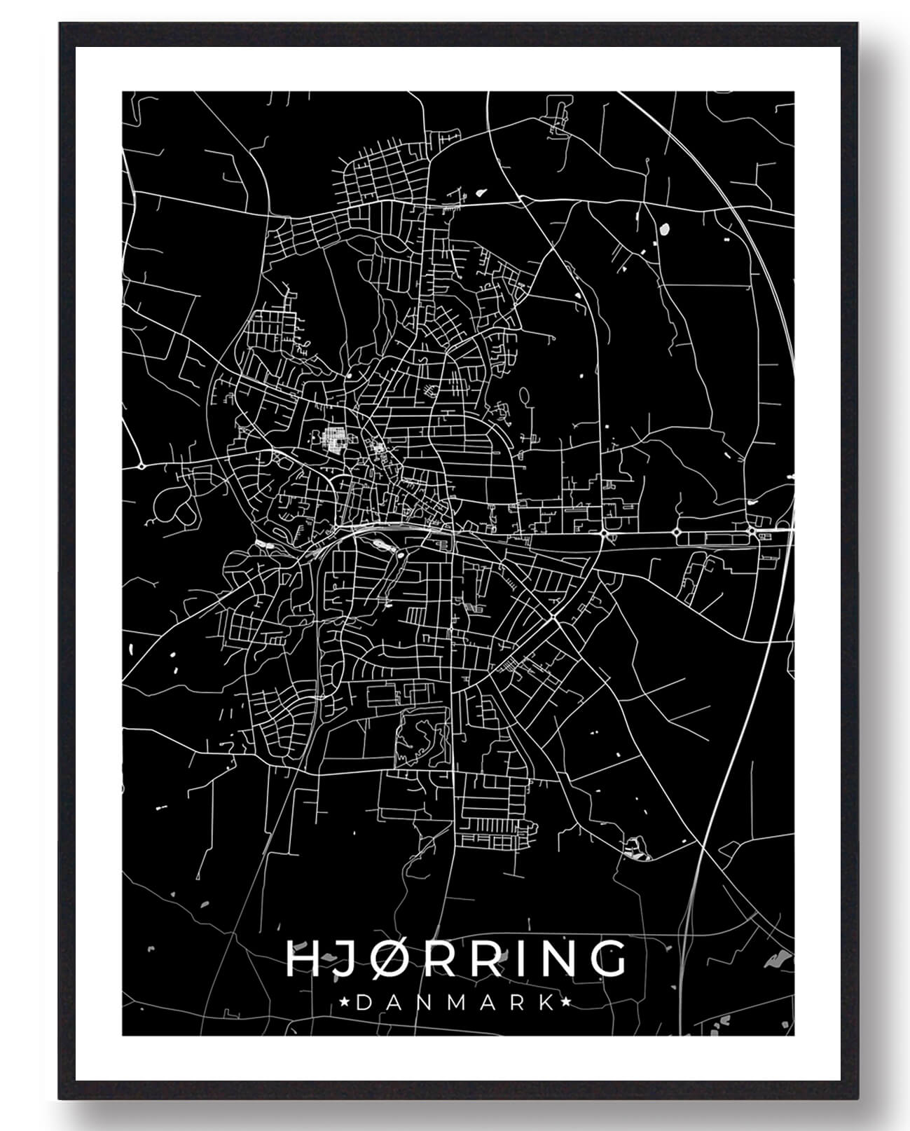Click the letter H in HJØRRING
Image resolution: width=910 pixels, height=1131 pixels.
pos(303,959)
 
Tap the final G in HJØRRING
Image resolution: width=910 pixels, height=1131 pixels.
pos(605,959)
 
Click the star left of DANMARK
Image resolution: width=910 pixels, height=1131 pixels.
pos(344,1003)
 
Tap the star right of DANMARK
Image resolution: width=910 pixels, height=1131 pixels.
pos(565,1003)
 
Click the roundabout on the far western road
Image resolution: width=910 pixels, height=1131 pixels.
pos(141,465)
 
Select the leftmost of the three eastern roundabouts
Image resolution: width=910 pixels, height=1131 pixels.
pos(604,534)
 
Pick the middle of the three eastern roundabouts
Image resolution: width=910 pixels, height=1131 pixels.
pos(677,533)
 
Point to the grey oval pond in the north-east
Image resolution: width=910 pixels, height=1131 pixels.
pos(663,228)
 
